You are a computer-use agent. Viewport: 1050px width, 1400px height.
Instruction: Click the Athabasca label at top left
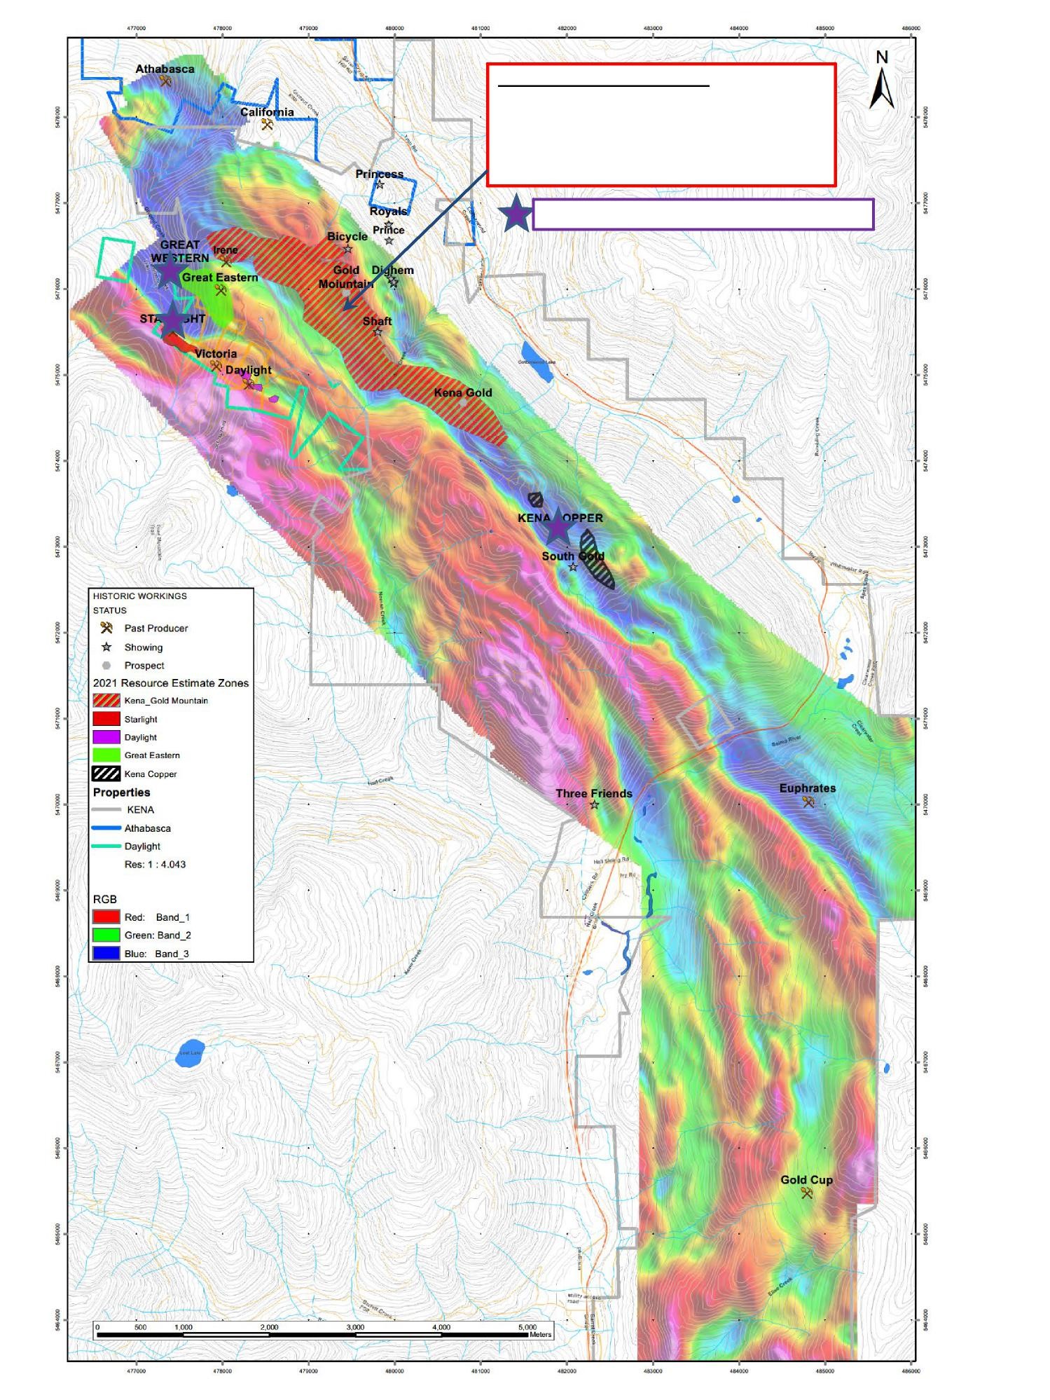click(165, 69)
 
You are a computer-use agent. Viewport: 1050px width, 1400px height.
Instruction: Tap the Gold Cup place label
click(806, 1179)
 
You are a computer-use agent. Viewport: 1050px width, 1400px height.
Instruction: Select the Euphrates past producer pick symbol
click(808, 802)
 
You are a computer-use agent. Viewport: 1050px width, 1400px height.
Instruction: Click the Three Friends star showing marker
click(594, 804)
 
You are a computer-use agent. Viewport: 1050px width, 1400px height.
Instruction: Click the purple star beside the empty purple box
click(516, 214)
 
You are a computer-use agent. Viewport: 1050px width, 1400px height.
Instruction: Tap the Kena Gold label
click(462, 392)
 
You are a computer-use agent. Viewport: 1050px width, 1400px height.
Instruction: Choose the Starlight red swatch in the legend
click(106, 719)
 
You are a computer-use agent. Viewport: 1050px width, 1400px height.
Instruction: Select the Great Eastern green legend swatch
click(106, 755)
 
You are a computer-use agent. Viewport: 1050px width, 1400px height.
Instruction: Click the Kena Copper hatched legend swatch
click(106, 774)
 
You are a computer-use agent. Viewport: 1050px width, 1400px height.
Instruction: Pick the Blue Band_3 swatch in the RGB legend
click(106, 953)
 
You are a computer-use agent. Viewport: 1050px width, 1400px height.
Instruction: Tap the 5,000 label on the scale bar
click(527, 1327)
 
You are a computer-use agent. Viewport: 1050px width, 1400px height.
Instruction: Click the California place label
click(267, 112)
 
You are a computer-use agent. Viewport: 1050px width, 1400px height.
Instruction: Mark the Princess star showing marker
click(380, 185)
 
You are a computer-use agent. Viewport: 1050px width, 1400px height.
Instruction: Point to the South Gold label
click(572, 556)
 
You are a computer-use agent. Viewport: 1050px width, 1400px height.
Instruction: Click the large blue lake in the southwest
click(188, 1054)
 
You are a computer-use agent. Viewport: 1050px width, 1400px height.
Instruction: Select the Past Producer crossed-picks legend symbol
click(106, 628)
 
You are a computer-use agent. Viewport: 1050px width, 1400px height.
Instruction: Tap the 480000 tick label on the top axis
click(394, 28)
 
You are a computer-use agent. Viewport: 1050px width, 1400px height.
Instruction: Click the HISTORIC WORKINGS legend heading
click(140, 596)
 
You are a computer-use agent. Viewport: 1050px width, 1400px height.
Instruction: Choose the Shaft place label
click(377, 321)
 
